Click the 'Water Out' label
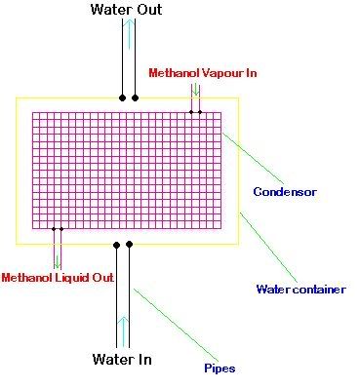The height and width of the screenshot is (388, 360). coord(126,10)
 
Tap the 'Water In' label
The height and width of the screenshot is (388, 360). coord(122,359)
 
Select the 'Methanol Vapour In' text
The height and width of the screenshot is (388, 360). coord(203,73)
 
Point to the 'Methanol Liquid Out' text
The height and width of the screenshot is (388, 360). coord(58,278)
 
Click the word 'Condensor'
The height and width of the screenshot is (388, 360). coord(285,192)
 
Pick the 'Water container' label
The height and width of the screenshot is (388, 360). coord(301,289)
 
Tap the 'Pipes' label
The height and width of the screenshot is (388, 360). coord(220,369)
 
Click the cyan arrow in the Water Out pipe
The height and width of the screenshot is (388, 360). coord(129,34)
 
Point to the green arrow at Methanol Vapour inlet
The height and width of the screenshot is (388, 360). coord(195,90)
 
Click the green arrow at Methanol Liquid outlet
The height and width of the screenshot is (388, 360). coord(58,262)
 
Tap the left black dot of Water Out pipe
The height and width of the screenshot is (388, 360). coord(122,97)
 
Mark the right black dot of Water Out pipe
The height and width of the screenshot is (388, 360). coord(136,97)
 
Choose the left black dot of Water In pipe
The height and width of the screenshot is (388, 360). coord(116,245)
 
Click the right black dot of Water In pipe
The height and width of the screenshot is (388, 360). coord(129,244)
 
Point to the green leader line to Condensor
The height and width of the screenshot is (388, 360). coord(253,158)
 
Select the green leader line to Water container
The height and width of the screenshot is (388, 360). coord(268,247)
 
